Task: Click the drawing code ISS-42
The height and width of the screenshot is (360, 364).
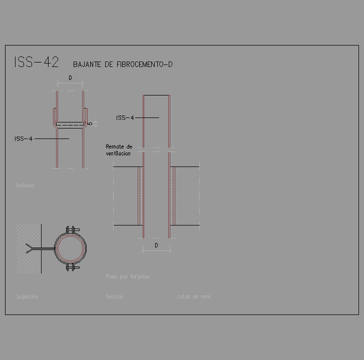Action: (x=37, y=62)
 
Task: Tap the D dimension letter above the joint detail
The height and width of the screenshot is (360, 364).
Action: (x=70, y=78)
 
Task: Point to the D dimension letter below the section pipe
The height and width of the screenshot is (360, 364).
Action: (x=156, y=245)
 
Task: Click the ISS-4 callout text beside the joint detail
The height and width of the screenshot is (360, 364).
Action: (x=24, y=138)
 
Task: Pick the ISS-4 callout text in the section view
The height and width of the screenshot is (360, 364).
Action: (x=125, y=118)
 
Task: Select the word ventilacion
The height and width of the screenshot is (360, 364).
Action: (x=118, y=153)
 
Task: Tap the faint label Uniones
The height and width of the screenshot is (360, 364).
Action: (x=25, y=185)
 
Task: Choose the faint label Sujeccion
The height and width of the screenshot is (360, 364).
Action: (x=27, y=296)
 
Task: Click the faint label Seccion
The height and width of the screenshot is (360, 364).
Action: (x=115, y=296)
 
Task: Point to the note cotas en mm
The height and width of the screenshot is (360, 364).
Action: (x=193, y=296)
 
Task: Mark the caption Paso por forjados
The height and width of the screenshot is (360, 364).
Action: (x=128, y=276)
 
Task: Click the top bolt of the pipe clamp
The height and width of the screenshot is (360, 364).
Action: (x=73, y=229)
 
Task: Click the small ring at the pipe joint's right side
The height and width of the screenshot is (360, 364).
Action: (x=90, y=123)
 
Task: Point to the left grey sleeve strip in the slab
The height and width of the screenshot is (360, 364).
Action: (x=141, y=196)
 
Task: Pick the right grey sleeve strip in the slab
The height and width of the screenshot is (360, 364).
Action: (x=172, y=196)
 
